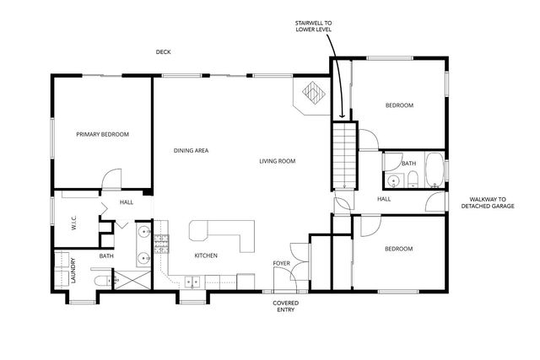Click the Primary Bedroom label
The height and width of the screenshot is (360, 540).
pos(102,134)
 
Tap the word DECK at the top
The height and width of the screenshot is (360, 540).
pos(163,52)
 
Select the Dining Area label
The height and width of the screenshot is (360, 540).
pos(191,151)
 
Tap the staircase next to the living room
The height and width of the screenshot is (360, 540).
pos(343,156)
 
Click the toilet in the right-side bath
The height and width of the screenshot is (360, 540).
pos(413,180)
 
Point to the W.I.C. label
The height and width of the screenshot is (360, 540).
pos(73,224)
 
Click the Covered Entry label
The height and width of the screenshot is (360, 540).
pos(285,307)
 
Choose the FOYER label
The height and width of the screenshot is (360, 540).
pos(281,264)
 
